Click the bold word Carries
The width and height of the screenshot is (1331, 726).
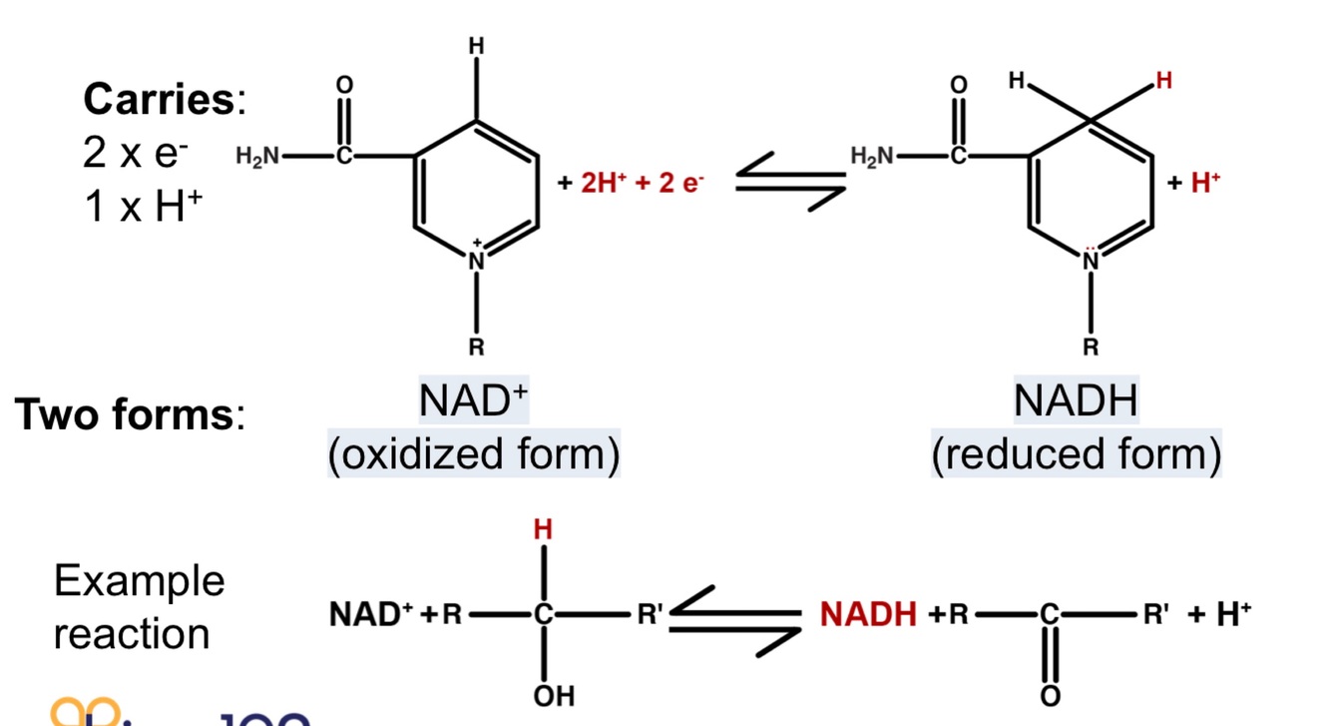[x=158, y=100]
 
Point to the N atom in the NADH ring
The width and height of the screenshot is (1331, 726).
[x=1091, y=261]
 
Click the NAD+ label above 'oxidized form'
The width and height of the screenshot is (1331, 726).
[x=473, y=401]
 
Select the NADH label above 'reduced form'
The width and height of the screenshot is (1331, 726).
[x=1076, y=401]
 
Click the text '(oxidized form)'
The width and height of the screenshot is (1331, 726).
[x=474, y=454]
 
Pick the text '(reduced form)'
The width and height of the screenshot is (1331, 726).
[x=1076, y=454]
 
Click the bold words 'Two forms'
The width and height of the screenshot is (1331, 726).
[x=124, y=414]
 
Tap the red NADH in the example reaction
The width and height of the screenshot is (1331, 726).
[x=868, y=614]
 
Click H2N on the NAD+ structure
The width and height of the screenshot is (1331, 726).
[x=257, y=156]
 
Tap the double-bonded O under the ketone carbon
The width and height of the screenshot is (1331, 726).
[x=1049, y=695]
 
